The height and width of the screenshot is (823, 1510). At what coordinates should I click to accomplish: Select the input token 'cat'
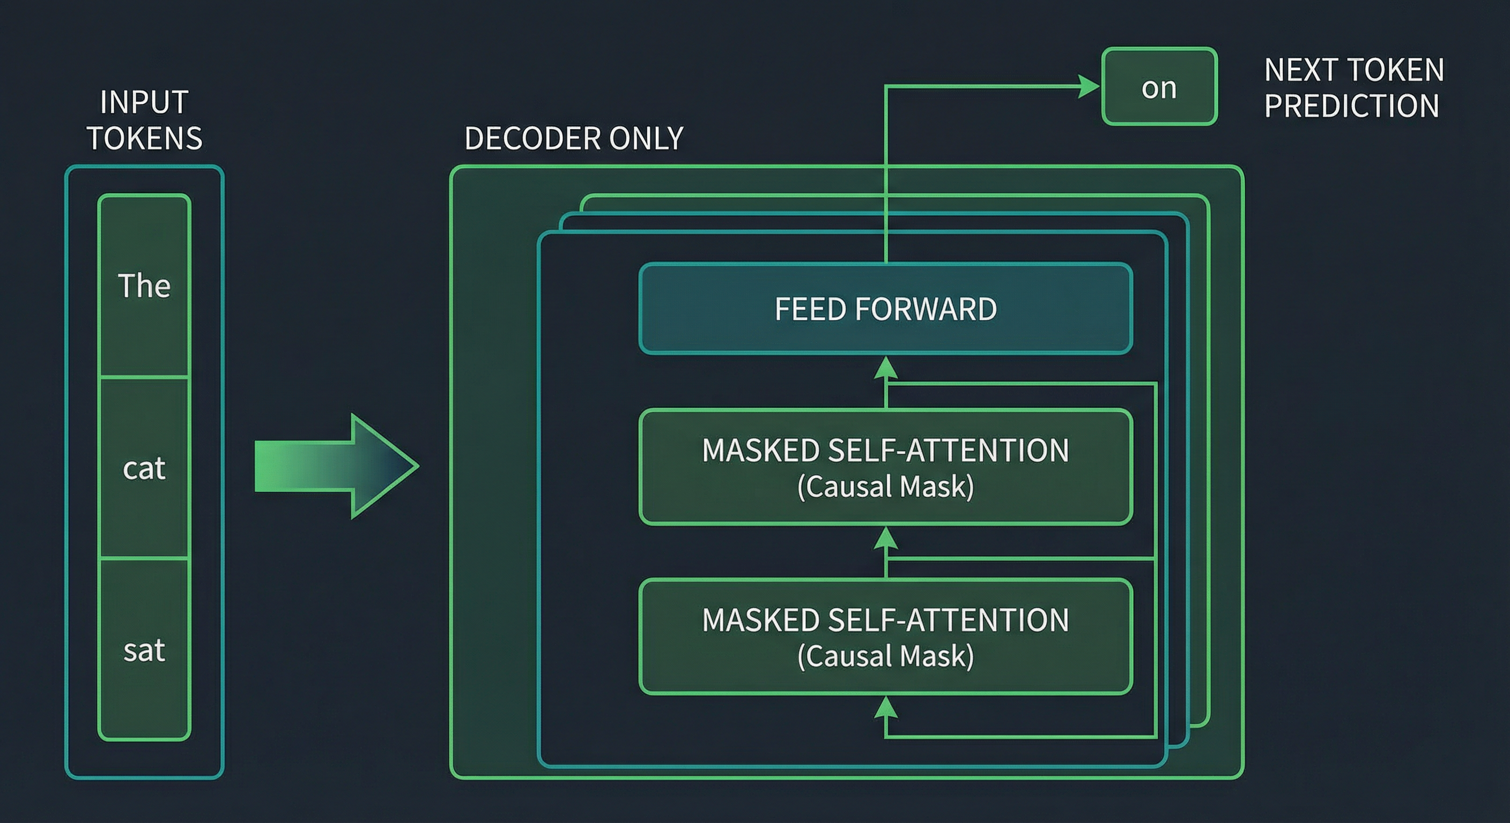point(144,467)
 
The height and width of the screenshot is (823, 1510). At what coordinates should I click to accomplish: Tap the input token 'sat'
point(144,649)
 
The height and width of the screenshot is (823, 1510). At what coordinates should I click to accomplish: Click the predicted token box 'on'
point(1159,87)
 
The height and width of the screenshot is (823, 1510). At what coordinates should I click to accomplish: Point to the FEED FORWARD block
point(885,309)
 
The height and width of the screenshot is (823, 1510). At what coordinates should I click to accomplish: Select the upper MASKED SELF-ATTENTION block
point(885,467)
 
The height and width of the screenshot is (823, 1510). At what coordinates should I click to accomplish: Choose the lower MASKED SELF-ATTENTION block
point(885,637)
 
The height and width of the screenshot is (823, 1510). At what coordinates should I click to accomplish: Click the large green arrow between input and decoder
point(336,466)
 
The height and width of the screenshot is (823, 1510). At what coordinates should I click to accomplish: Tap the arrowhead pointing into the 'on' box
point(1089,87)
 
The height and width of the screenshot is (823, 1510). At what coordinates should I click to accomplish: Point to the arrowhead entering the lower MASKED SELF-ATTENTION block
point(886,707)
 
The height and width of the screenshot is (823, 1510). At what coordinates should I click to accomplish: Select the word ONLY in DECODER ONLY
point(646,138)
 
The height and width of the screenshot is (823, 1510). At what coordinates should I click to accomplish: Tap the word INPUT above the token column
point(144,102)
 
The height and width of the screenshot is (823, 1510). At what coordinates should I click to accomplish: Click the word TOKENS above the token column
point(145,138)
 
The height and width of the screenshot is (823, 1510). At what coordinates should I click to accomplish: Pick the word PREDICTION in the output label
point(1351,106)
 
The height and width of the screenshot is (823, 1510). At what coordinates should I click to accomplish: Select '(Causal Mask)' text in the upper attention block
point(885,486)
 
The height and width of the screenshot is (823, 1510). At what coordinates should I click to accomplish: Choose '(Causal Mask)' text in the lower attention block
point(885,656)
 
